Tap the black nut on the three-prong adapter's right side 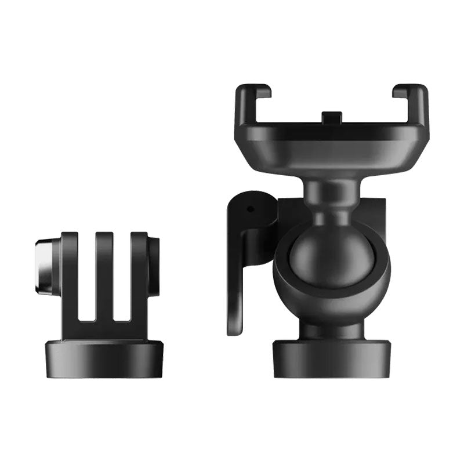(x=155, y=266)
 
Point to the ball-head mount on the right (x=328, y=232)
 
